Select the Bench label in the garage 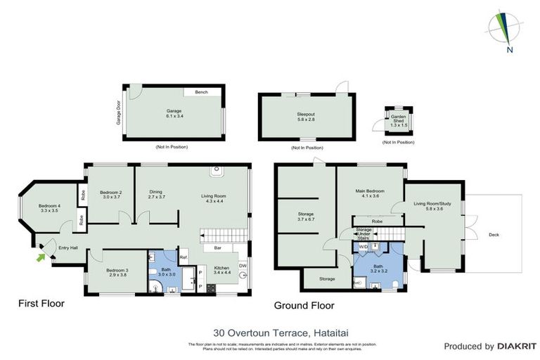coord(202,91)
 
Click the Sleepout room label coord(306,117)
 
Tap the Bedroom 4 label coord(50,207)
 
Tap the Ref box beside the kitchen coord(183,257)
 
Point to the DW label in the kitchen coord(242,265)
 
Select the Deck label coord(494,235)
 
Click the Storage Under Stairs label coord(364,233)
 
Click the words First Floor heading coord(41,304)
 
